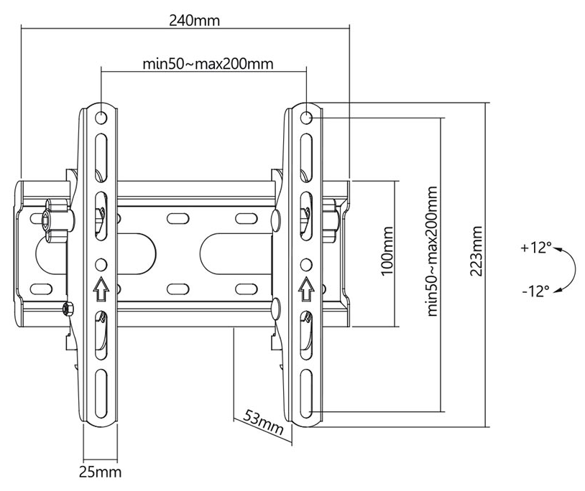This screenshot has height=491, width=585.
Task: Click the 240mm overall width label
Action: tap(194, 21)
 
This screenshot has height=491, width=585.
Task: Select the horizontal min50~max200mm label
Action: tap(208, 64)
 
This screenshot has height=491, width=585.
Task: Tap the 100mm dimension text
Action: tap(387, 251)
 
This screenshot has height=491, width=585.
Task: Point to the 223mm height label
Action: tap(476, 251)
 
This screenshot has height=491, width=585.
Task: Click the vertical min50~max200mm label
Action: tap(432, 251)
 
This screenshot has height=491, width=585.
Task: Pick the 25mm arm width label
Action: tap(100, 472)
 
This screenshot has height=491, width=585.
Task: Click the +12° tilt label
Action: tap(536, 248)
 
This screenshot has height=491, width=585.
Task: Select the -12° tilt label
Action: tap(535, 291)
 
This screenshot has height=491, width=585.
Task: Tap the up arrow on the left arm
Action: tap(101, 289)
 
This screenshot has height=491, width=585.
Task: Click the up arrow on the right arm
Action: tap(306, 289)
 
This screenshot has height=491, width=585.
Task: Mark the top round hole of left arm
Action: tap(101, 118)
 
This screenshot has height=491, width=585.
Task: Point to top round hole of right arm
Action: tap(306, 118)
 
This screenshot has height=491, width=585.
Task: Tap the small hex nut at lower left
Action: tap(68, 309)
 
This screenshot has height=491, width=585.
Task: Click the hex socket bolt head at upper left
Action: tap(45, 220)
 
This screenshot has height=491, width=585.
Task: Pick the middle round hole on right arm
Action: tap(306, 264)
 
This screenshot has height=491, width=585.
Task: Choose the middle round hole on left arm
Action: tap(101, 264)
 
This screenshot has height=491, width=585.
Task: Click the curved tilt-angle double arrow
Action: tap(572, 269)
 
